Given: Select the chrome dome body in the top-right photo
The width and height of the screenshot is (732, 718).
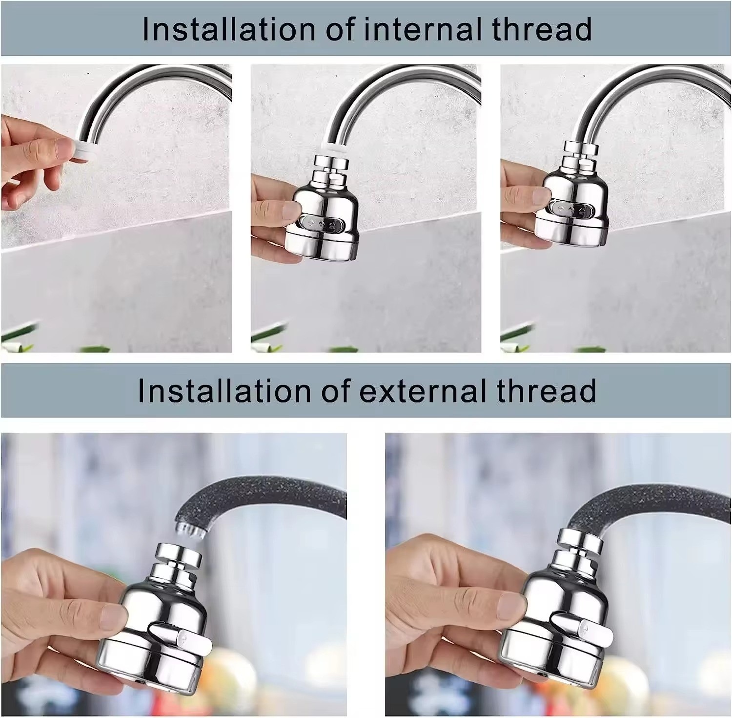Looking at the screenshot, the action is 576,200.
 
